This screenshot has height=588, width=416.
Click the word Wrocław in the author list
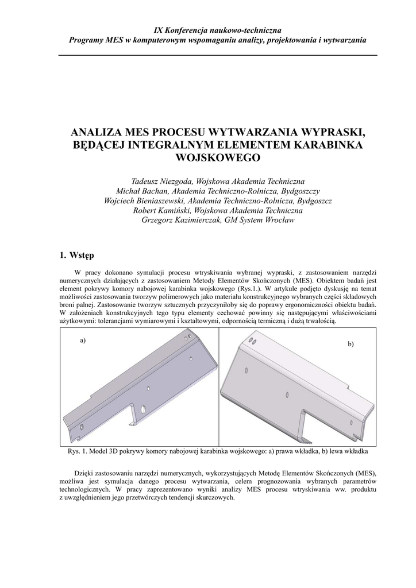tap(278, 220)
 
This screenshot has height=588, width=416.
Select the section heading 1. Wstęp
tap(78, 254)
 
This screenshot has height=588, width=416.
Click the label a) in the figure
tap(83, 340)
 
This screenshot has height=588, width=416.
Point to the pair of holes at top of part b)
tap(252, 340)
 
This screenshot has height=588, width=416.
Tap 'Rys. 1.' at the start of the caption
tap(78, 451)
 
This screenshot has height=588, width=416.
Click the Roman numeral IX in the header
tap(160, 29)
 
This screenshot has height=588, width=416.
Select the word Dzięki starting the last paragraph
tap(84, 472)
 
